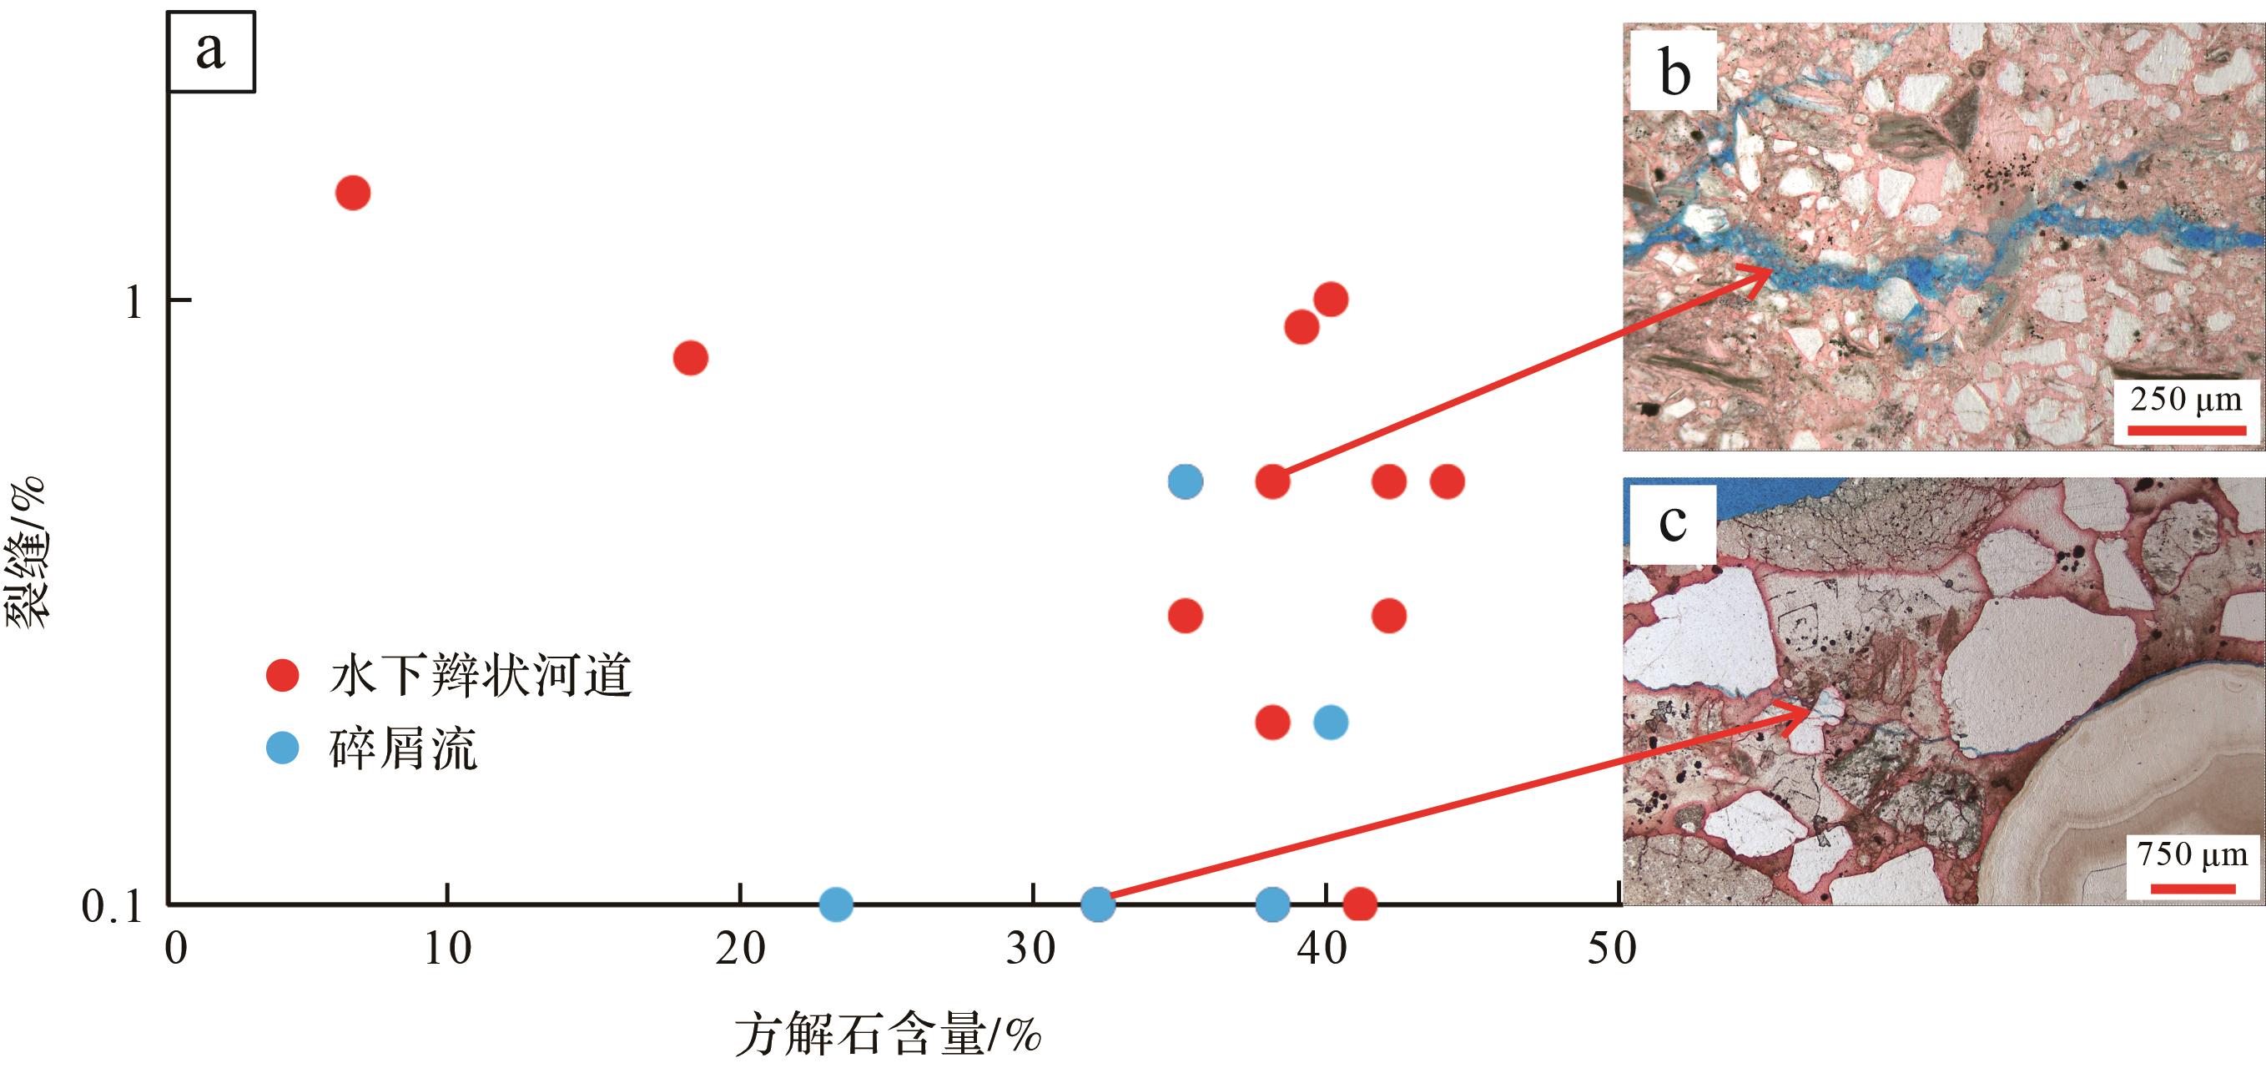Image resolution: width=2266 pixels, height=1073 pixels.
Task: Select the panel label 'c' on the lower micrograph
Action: [x=1672, y=524]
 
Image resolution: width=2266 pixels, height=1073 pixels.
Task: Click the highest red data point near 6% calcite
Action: [x=353, y=193]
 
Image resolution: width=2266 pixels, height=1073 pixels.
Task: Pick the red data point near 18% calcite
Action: [x=691, y=358]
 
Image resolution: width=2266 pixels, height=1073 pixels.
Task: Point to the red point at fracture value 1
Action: [x=1331, y=300]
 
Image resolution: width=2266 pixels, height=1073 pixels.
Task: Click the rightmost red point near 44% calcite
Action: [x=1447, y=481]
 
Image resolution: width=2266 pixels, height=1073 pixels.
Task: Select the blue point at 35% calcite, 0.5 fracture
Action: [x=1186, y=481]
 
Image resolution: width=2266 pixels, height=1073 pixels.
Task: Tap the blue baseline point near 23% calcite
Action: [x=836, y=904]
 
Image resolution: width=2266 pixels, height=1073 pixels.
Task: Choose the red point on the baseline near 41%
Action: [x=1359, y=904]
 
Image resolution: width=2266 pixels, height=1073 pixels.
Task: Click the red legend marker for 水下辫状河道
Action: [x=282, y=676]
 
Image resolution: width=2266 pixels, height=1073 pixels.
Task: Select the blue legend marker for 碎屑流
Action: [x=282, y=748]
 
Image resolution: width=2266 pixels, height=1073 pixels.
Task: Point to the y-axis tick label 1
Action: [x=133, y=302]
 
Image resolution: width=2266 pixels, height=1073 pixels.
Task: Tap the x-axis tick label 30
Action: [x=1031, y=950]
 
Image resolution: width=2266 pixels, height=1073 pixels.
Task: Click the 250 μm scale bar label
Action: [x=2185, y=400]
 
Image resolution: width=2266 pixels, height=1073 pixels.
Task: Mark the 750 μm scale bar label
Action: [x=2192, y=853]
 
